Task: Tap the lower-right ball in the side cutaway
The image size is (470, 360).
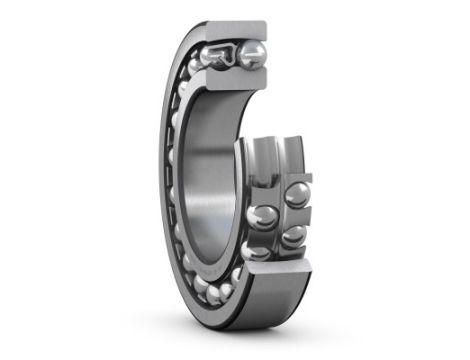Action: tap(293, 236)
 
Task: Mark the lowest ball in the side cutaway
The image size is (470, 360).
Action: tap(258, 250)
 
